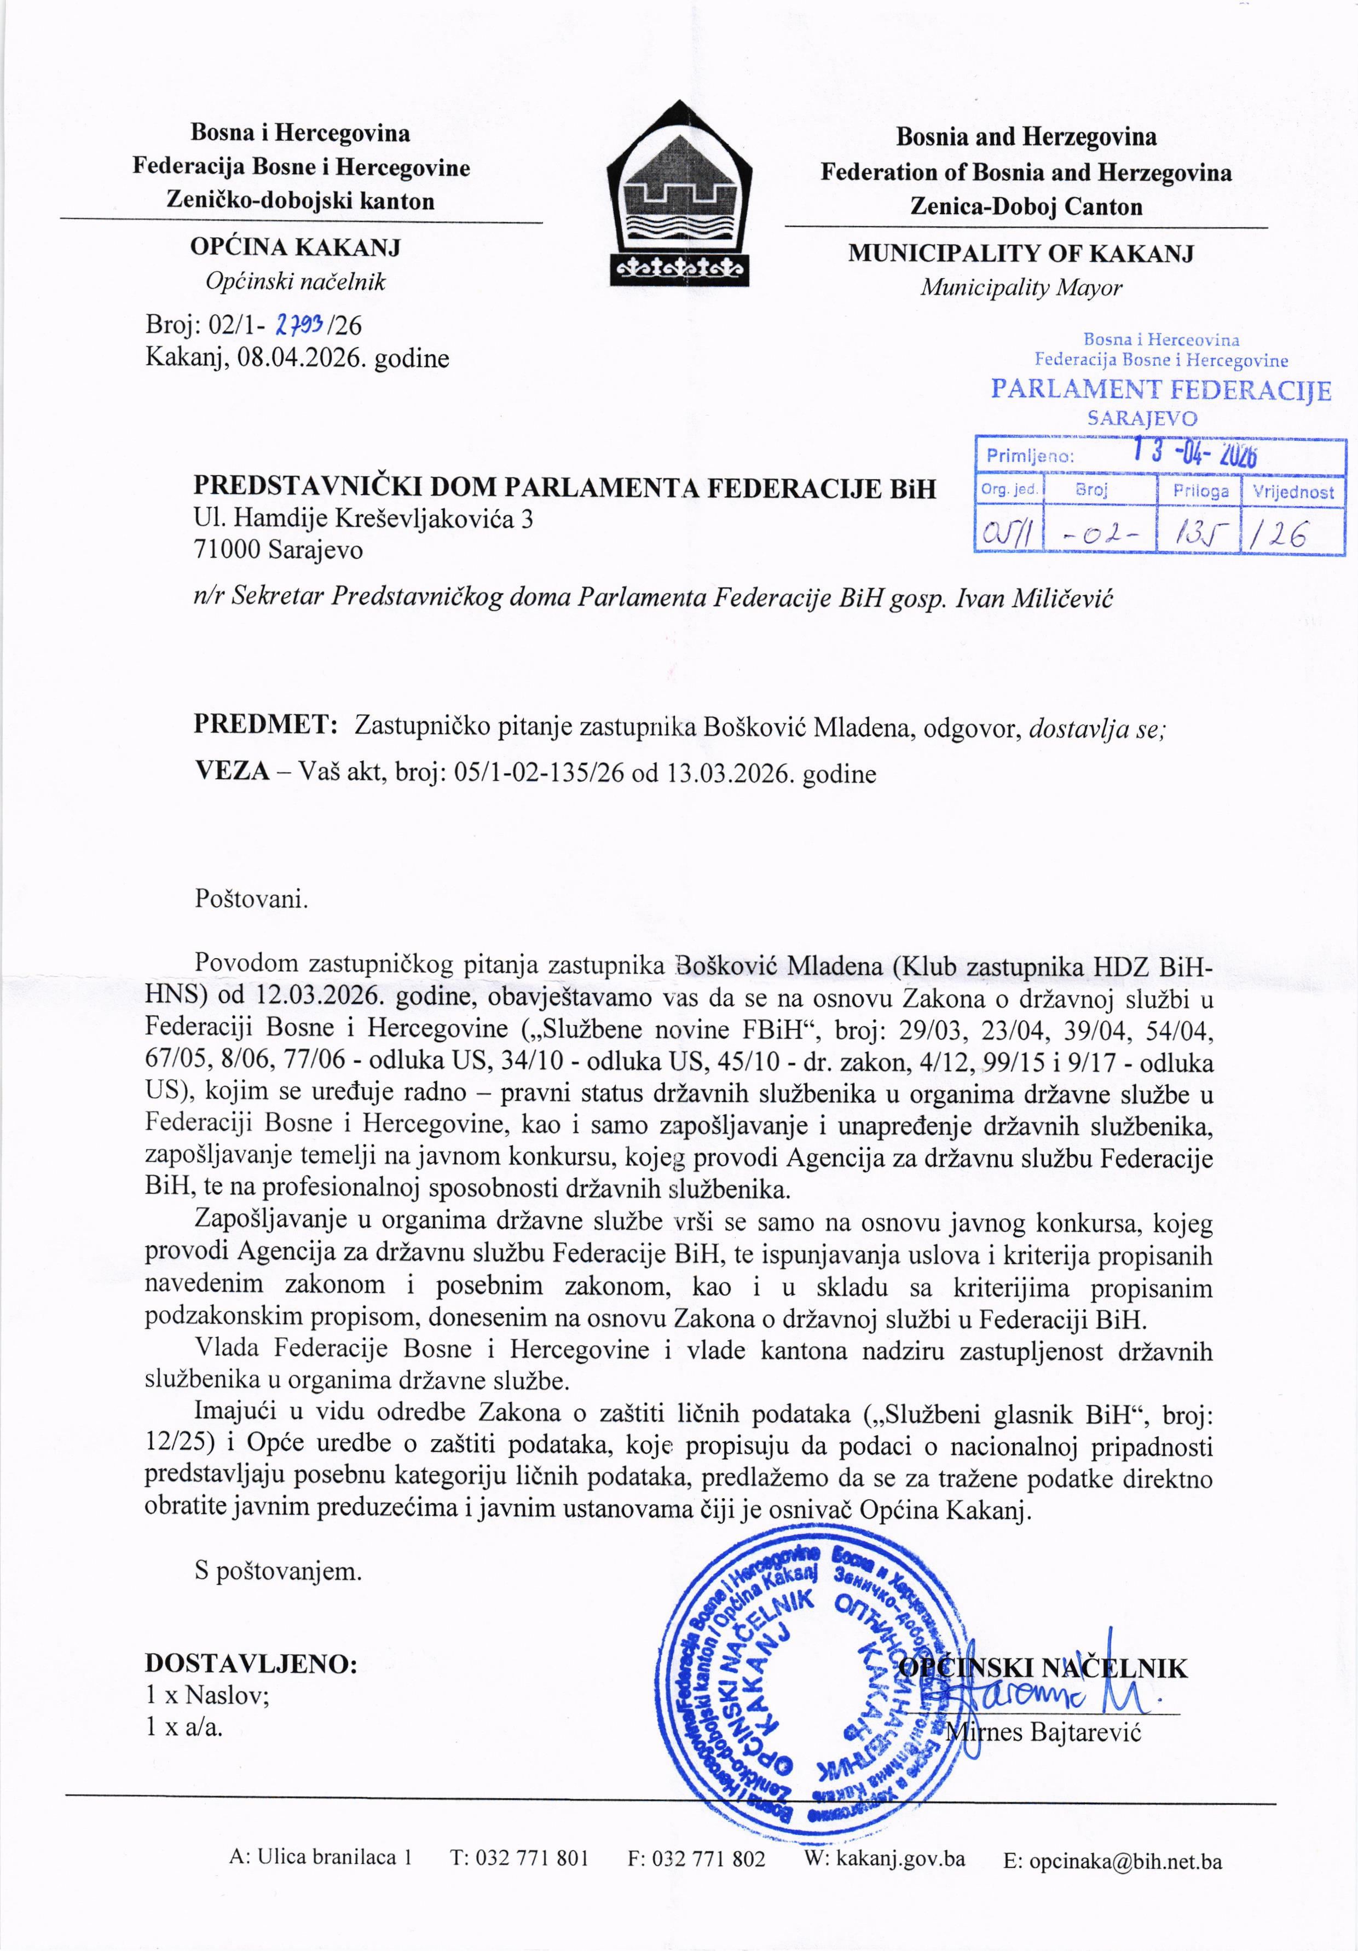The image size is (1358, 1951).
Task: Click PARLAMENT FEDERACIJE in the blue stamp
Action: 1160,390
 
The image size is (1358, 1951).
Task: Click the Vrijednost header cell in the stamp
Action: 1293,491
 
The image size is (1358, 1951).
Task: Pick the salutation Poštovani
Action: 251,899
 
